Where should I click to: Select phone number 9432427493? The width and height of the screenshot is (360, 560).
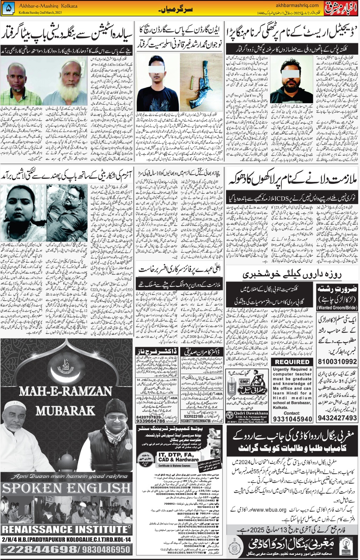point(337,418)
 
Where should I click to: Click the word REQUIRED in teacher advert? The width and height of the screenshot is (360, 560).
point(292,362)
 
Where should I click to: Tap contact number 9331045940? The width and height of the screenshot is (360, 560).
point(292,419)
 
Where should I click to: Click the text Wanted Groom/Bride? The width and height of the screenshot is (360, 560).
point(337,308)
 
